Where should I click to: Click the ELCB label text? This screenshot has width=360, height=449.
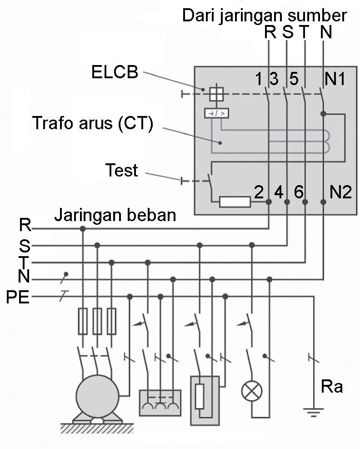tap(115, 72)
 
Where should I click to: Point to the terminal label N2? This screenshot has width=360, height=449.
tap(340, 192)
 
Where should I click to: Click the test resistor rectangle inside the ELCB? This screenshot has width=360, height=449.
tap(235, 202)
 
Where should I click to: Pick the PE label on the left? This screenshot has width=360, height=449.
tap(18, 298)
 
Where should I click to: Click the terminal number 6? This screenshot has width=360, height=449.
tap(298, 192)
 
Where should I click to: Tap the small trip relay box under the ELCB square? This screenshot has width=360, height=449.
tap(216, 113)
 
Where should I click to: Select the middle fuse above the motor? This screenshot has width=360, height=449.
tap(97, 321)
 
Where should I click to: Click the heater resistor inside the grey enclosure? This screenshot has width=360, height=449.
tap(200, 396)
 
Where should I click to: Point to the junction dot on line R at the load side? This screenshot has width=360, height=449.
tap(83, 228)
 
